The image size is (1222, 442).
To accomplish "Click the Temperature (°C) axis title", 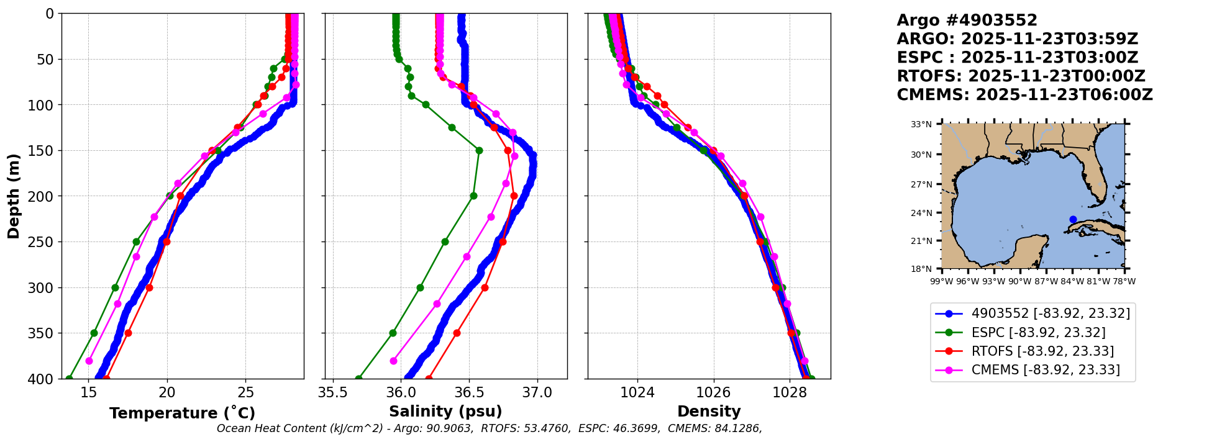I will (x=182, y=413).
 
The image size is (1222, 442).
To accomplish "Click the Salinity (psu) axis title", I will (x=445, y=412).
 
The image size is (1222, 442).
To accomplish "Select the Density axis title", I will (x=709, y=412).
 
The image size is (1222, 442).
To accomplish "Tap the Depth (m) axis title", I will (x=14, y=196).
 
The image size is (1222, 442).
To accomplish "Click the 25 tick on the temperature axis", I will (x=245, y=392).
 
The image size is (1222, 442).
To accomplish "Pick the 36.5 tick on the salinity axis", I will (x=469, y=392).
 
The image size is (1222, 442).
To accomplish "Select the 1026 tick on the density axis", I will (x=713, y=392).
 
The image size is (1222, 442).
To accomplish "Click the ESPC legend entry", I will (x=1038, y=333).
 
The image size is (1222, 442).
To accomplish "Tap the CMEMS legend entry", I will (x=1046, y=370).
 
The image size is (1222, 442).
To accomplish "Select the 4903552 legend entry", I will (x=1051, y=313).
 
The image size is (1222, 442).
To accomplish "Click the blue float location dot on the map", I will (x=1073, y=219).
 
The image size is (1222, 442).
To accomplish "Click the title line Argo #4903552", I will (x=967, y=20).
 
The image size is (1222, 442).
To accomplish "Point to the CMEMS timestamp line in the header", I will (x=1024, y=95).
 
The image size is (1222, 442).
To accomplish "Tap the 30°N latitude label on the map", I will (x=921, y=155).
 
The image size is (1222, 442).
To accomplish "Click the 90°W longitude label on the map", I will (x=1019, y=281).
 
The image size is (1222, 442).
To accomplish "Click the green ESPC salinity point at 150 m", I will (x=479, y=150).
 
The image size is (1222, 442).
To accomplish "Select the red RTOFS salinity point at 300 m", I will (x=485, y=287).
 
